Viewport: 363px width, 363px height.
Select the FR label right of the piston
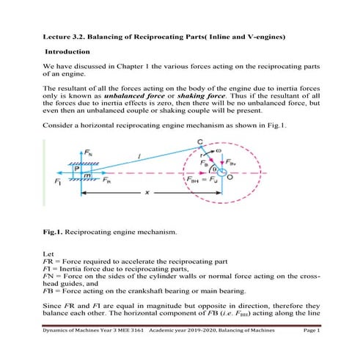106,180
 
